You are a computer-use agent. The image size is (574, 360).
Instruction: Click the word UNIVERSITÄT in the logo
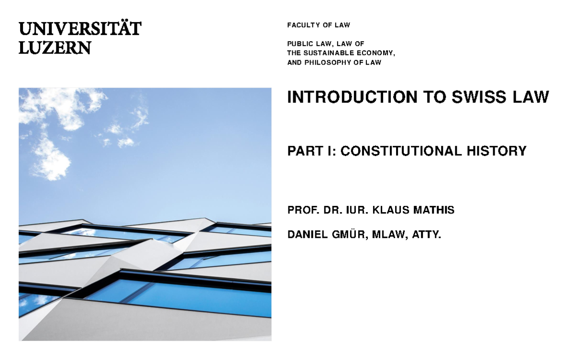pyautogui.click(x=80, y=29)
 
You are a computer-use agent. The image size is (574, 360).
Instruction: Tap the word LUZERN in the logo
pyautogui.click(x=55, y=47)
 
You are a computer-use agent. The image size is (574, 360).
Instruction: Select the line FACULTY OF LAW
pyautogui.click(x=319, y=25)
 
